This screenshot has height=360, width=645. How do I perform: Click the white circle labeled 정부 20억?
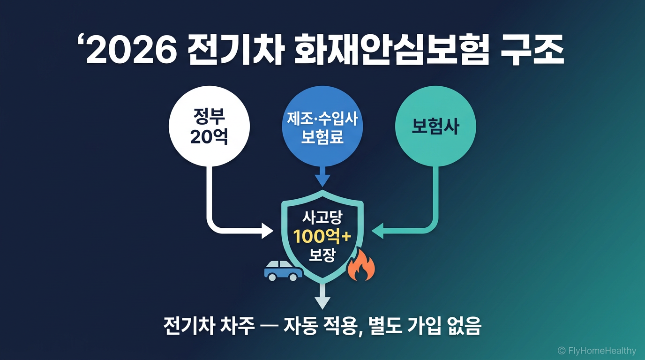(x=209, y=127)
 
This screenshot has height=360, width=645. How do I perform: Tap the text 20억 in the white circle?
(x=209, y=137)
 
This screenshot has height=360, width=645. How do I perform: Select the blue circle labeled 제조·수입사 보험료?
(x=322, y=127)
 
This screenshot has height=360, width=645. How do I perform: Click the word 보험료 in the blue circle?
(x=322, y=136)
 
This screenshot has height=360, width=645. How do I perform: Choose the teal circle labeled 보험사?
(x=435, y=127)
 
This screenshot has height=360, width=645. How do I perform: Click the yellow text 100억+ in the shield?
(x=322, y=237)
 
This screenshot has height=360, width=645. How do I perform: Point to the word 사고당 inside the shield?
(x=322, y=218)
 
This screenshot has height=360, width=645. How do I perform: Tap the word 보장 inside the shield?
(x=322, y=255)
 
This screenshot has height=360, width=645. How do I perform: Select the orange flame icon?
(x=361, y=266)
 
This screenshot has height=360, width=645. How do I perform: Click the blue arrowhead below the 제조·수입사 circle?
(x=322, y=180)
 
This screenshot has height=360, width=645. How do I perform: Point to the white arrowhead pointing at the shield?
(x=267, y=230)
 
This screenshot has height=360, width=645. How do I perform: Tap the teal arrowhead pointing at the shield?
(x=377, y=230)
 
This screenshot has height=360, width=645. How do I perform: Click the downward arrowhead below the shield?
(x=322, y=302)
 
